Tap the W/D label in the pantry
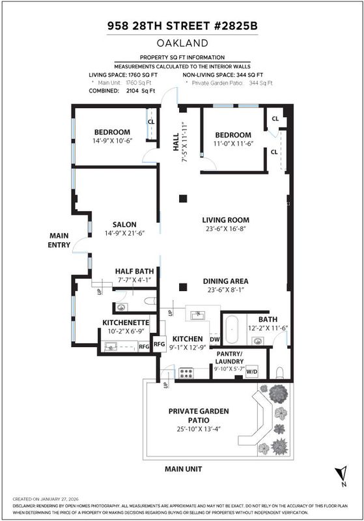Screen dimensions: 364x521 [252, 371]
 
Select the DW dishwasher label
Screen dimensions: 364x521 [214, 339]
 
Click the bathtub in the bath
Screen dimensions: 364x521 [231, 330]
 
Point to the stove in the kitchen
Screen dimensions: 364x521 [186, 373]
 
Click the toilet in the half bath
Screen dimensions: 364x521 [150, 301]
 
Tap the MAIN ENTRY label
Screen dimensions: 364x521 [59, 240]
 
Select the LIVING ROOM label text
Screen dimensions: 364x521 [225, 220]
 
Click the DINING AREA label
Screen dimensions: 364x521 [225, 281]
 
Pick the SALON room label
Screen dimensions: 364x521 [124, 225]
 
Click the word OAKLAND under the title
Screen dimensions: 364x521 [182, 43]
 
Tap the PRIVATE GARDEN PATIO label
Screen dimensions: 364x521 [199, 415]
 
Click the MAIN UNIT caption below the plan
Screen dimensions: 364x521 [184, 469]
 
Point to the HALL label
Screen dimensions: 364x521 [176, 142]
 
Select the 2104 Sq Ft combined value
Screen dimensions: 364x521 [141, 91]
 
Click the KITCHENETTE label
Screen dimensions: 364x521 [126, 322]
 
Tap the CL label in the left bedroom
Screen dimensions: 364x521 [151, 122]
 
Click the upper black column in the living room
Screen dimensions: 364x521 [183, 199]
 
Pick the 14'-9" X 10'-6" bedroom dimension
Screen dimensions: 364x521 [112, 141]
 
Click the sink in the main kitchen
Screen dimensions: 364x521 [198, 315]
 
